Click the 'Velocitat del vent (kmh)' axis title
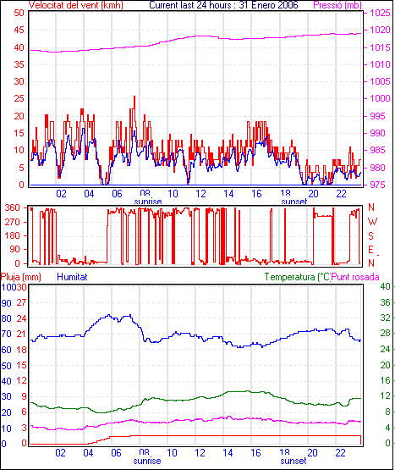coord(76,5)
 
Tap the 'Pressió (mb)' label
coord(337,5)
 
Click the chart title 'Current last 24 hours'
coord(189,5)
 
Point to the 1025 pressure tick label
coord(381,13)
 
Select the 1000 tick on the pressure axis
coord(381,98)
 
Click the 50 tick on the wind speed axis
coord(19,13)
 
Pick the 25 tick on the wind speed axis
coord(19,98)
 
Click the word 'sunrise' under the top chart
coord(148,202)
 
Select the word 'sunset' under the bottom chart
coord(294,461)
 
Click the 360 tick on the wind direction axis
coord(13,207)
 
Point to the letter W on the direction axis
coord(372,222)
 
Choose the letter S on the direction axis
coord(370,236)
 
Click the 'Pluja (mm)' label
coord(20,277)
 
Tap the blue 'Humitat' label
coord(72,277)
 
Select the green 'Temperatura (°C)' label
coord(298,277)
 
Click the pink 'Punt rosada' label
coord(355,277)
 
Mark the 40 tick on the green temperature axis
coord(385,286)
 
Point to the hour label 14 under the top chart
coord(228,194)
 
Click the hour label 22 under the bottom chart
coord(341,452)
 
